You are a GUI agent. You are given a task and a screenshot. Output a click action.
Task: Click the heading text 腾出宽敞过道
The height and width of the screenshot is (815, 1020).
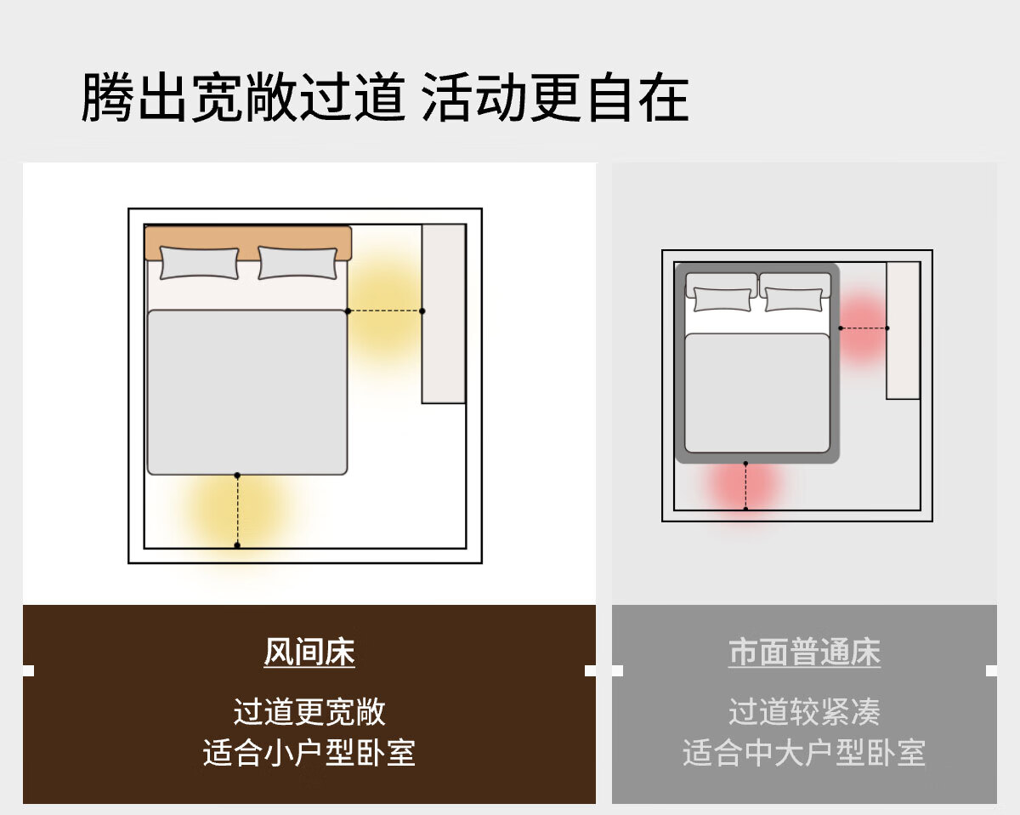pyautogui.click(x=244, y=98)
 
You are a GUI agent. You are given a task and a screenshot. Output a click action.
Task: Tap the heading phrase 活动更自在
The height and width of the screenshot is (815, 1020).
pyautogui.click(x=555, y=98)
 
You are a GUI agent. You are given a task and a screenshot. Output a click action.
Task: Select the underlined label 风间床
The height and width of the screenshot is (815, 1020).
pyautogui.click(x=309, y=652)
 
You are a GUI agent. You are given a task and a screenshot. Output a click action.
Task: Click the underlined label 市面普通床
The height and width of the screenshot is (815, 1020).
pyautogui.click(x=804, y=652)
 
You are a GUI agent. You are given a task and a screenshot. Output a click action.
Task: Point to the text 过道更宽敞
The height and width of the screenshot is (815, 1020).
pyautogui.click(x=309, y=711)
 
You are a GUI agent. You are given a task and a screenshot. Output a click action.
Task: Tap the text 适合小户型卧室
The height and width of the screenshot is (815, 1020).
pyautogui.click(x=309, y=753)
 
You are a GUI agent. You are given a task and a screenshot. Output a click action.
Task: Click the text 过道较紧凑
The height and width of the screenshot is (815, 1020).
pyautogui.click(x=804, y=711)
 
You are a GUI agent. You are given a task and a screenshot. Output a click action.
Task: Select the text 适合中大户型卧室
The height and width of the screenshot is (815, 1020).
pyautogui.click(x=804, y=753)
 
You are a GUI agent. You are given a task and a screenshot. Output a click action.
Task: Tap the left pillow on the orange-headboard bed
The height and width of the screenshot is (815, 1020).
pyautogui.click(x=200, y=262)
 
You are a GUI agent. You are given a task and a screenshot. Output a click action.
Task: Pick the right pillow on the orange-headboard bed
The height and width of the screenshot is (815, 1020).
pyautogui.click(x=297, y=262)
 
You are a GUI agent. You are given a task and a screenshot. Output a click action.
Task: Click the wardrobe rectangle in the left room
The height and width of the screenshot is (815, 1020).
pyautogui.click(x=444, y=314)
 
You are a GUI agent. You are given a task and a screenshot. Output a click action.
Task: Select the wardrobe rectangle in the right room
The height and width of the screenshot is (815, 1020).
pyautogui.click(x=903, y=330)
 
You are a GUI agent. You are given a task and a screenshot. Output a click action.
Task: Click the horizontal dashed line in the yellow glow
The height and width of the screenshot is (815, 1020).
pyautogui.click(x=385, y=311)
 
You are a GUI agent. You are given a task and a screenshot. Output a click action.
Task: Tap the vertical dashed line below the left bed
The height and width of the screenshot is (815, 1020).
pyautogui.click(x=237, y=510)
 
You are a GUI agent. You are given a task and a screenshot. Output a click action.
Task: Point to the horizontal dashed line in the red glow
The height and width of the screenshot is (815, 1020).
pyautogui.click(x=864, y=328)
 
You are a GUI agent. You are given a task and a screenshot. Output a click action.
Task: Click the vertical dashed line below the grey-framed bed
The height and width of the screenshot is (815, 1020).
pyautogui.click(x=745, y=486)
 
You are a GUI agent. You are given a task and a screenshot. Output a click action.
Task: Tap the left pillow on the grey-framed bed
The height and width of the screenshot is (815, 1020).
pyautogui.click(x=722, y=299)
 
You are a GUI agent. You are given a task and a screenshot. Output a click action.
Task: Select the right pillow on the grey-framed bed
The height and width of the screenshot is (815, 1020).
pyautogui.click(x=793, y=299)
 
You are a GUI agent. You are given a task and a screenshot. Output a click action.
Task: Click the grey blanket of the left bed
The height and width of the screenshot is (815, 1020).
pyautogui.click(x=247, y=392)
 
